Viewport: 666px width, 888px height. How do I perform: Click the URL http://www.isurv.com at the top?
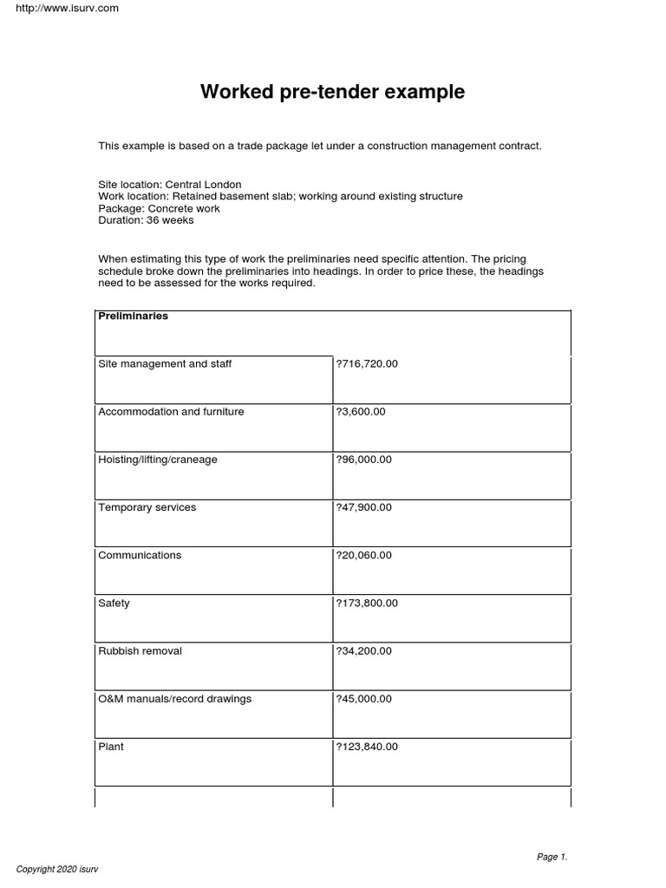click(61, 9)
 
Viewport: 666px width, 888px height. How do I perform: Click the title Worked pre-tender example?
click(332, 92)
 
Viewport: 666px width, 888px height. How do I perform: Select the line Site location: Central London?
click(170, 185)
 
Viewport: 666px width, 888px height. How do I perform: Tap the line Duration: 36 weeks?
click(146, 220)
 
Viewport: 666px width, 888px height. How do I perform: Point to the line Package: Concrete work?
click(159, 208)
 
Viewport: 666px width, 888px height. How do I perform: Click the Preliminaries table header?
click(134, 317)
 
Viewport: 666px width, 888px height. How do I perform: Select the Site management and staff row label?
click(165, 364)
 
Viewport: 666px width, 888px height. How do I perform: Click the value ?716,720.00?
click(367, 364)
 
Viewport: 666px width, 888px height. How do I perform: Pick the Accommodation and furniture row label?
click(171, 412)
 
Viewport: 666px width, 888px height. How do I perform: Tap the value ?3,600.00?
click(361, 412)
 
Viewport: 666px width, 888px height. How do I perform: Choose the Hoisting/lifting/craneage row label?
click(158, 460)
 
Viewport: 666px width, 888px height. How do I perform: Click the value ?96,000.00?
click(363, 460)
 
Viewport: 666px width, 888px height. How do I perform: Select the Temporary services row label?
click(147, 507)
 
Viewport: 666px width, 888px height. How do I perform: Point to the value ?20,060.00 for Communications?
click(363, 555)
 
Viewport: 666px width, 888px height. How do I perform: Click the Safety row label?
click(114, 603)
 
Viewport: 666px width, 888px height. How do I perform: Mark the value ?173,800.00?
click(367, 603)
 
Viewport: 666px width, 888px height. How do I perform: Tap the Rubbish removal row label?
click(140, 650)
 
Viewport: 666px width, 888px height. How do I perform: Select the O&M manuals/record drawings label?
click(175, 699)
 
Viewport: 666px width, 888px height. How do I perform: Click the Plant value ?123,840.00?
click(367, 747)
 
